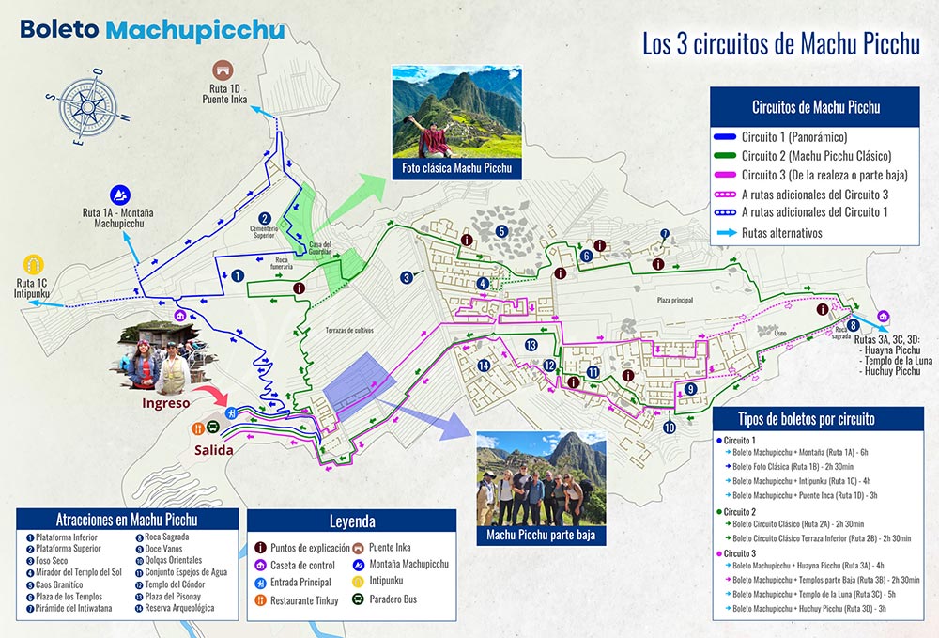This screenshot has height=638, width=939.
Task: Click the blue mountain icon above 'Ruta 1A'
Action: (121, 195)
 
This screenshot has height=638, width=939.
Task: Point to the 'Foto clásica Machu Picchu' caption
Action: (456, 168)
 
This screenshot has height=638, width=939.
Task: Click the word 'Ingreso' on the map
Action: (166, 402)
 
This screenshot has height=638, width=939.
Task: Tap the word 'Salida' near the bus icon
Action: (215, 449)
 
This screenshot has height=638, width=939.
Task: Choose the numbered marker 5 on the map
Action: (502, 231)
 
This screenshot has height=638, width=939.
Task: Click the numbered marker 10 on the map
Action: (669, 428)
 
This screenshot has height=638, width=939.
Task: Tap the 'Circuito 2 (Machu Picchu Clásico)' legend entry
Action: (816, 155)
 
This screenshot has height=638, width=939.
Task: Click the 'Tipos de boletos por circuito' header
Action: (820, 418)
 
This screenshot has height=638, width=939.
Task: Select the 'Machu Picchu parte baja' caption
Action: (541, 536)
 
